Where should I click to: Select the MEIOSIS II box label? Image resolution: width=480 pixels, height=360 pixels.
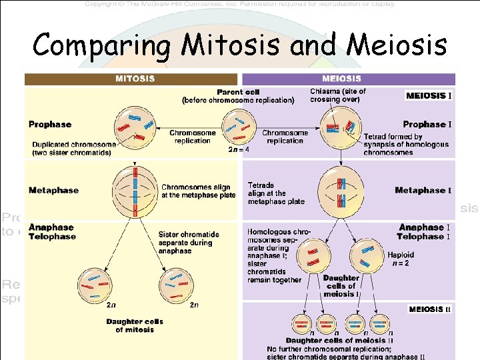point(429,309)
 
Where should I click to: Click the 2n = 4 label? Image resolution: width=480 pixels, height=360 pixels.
point(239,149)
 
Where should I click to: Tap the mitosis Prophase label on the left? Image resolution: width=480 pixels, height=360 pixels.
point(50,124)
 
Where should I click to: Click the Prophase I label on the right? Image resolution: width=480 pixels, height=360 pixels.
point(427,124)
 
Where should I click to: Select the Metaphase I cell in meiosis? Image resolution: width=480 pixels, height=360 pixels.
point(341,190)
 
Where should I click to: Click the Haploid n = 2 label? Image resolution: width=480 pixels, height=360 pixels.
point(401,259)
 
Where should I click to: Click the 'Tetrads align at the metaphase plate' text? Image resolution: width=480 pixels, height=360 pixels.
point(276,193)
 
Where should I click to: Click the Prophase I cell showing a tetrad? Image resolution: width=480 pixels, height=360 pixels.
point(341,126)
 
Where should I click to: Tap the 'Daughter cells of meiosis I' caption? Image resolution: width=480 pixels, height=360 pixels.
point(341,286)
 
